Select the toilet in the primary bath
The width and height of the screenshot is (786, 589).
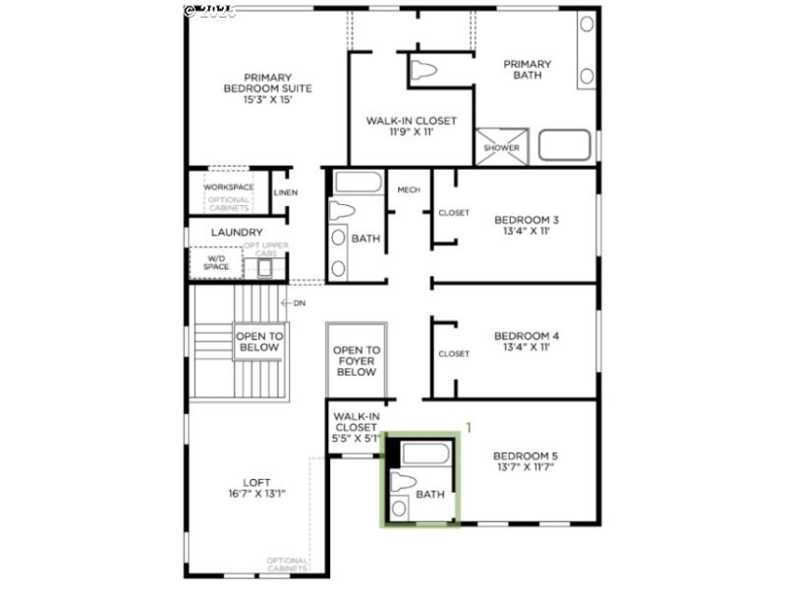click(x=424, y=71)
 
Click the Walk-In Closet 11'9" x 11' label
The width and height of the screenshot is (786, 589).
click(x=411, y=126)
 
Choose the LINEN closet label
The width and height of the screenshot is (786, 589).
click(x=286, y=192)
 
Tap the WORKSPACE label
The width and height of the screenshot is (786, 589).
click(x=229, y=187)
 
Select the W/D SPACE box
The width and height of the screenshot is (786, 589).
click(x=216, y=262)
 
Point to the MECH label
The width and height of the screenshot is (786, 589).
click(x=409, y=189)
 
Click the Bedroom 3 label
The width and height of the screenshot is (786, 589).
click(x=526, y=226)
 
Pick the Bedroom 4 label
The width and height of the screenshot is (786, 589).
click(x=526, y=342)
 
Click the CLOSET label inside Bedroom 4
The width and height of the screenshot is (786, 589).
click(x=454, y=354)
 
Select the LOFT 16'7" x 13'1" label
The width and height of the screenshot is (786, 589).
click(x=256, y=488)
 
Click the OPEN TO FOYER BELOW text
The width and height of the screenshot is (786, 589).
click(x=356, y=361)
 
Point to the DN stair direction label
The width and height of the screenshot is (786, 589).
click(x=299, y=303)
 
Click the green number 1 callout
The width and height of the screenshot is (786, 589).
click(x=469, y=428)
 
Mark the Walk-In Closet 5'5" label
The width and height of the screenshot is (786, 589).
click(x=355, y=427)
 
